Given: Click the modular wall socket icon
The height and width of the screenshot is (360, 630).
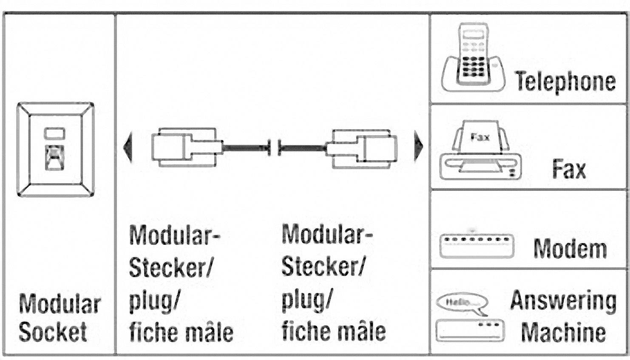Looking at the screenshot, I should (x=55, y=150).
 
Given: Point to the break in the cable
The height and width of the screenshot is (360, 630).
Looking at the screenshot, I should (x=274, y=147).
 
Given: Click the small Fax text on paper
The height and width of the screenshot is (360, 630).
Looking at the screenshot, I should (x=480, y=137).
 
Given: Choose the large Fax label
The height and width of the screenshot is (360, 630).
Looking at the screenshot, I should (x=568, y=169).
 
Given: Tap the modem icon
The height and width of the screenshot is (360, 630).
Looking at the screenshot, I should (x=476, y=245).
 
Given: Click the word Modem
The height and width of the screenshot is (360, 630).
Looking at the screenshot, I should (x=570, y=249).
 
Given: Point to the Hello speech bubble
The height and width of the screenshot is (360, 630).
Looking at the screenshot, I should (x=462, y=303).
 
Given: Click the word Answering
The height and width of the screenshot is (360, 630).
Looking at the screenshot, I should (x=563, y=300).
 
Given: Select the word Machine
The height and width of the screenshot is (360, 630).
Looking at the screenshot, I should (x=563, y=332).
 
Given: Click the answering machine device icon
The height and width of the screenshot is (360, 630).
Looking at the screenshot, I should (x=470, y=331).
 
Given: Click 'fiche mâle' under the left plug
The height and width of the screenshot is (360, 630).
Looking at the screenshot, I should (x=181, y=332).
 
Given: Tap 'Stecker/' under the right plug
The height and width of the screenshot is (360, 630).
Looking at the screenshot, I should (x=323, y=266).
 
